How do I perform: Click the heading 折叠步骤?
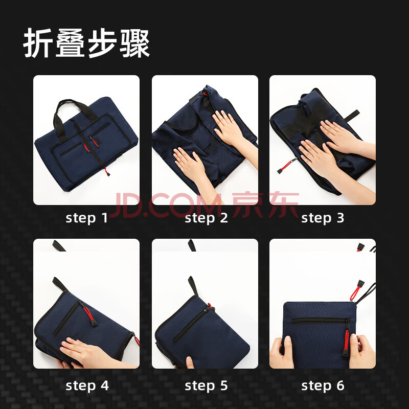86,43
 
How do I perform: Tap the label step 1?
86,218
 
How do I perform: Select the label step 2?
206,218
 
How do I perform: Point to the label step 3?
323,218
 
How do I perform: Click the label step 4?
87,385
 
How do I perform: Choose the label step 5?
206,385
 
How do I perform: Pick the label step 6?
323,385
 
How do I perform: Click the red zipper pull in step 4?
89,315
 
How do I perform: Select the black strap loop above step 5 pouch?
192,286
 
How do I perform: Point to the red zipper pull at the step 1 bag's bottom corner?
107,172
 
